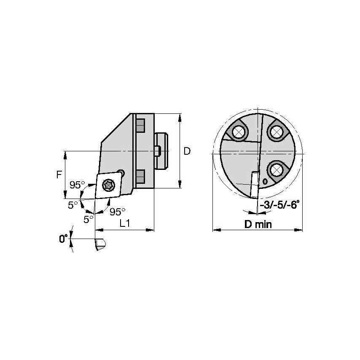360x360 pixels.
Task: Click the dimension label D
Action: (187, 150)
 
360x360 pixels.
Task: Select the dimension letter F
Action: (59, 174)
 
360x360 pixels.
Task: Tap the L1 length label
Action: (124, 224)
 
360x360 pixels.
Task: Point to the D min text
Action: (258, 224)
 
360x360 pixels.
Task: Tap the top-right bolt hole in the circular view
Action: (276, 132)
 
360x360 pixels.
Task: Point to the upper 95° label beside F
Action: (77, 184)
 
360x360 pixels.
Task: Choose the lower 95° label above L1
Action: (117, 211)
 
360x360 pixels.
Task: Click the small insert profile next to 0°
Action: (99, 244)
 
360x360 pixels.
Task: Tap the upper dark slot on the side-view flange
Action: (140, 125)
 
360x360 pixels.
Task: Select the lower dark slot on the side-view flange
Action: (140, 175)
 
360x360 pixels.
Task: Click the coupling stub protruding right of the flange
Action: (161, 150)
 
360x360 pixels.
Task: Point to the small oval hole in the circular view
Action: (264, 181)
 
